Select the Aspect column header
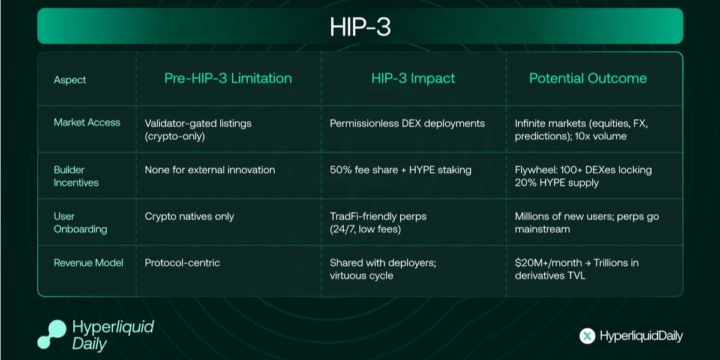[70, 80]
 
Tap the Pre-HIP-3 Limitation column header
[228, 79]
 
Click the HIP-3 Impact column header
[413, 79]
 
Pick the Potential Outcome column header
[588, 79]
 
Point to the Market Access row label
[87, 122]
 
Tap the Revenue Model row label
[89, 262]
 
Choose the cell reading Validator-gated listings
[198, 130]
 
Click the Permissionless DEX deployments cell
[407, 124]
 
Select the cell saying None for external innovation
[210, 170]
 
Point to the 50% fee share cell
[401, 170]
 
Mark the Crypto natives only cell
[190, 216]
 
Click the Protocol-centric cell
[182, 262]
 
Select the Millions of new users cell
[587, 223]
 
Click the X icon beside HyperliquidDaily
[587, 336]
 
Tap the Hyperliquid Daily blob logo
[51, 334]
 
